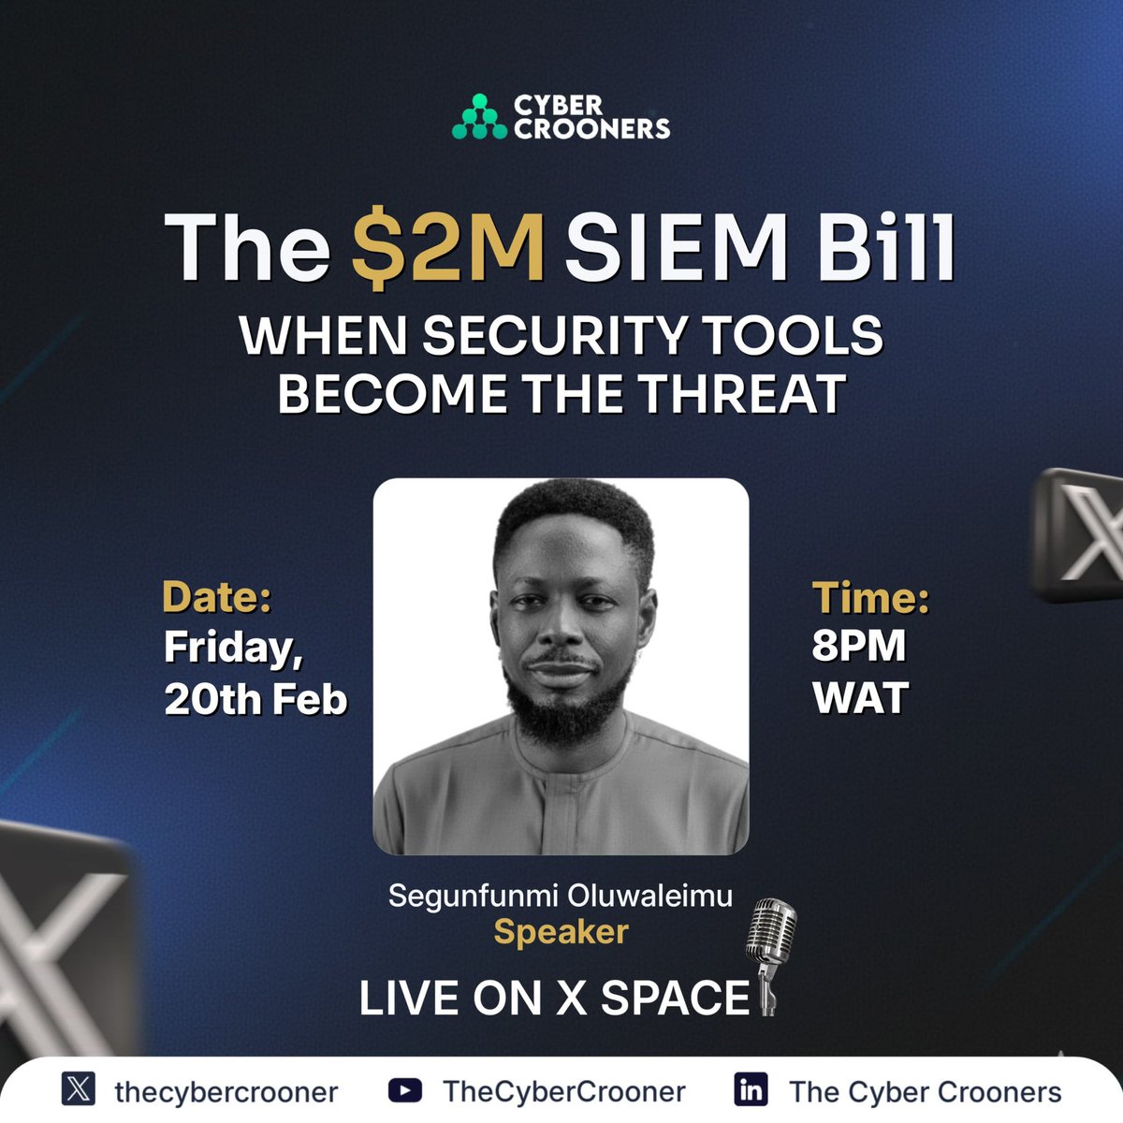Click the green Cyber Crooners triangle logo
[478, 117]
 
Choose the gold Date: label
[217, 598]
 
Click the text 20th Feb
[255, 698]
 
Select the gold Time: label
[870, 598]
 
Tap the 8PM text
[858, 646]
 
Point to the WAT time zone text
[860, 698]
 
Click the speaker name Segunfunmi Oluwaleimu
[561, 896]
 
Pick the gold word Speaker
[561, 932]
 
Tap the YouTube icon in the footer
[404, 1090]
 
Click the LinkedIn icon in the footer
[751, 1090]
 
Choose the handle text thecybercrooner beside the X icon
[226, 1091]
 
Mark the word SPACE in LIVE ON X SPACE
[675, 998]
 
